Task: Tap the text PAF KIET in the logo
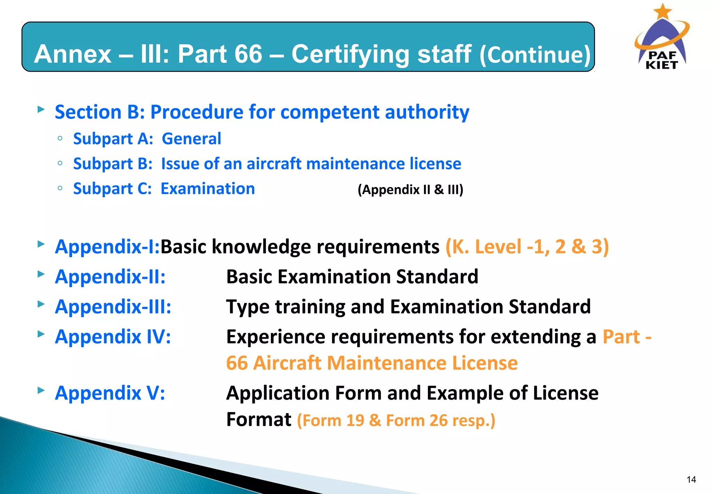[x=662, y=60]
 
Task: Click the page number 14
[x=691, y=480]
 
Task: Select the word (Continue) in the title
[x=535, y=55]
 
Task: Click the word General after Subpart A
[x=191, y=139]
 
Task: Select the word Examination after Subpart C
[x=208, y=189]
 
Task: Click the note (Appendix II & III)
[x=410, y=190]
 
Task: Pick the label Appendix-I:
[x=107, y=247]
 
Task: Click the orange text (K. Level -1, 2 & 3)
[x=527, y=247]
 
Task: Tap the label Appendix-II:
[x=110, y=277]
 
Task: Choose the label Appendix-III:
[x=113, y=307]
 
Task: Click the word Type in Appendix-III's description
[x=248, y=307]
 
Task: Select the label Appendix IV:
[x=113, y=337]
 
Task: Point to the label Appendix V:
[x=110, y=393]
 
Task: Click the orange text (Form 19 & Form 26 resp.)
[x=396, y=420]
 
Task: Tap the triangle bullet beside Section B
[x=41, y=109]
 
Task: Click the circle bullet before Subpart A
[x=60, y=138]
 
